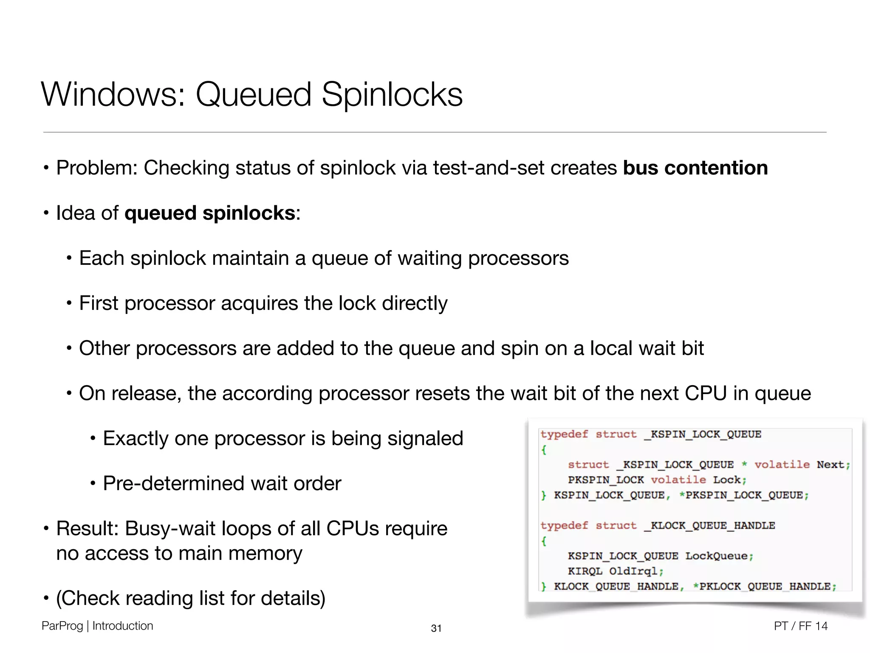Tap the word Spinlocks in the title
point(392,94)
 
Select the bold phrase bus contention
point(695,168)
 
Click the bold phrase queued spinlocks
point(210,213)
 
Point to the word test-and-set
point(489,168)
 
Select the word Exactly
point(136,438)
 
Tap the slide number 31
point(436,628)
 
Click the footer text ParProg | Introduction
point(97,626)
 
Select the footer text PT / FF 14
point(800,626)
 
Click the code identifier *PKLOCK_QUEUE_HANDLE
point(761,587)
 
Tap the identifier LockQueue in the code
point(716,556)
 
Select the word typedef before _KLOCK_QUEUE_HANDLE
point(564,526)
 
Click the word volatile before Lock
point(678,480)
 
